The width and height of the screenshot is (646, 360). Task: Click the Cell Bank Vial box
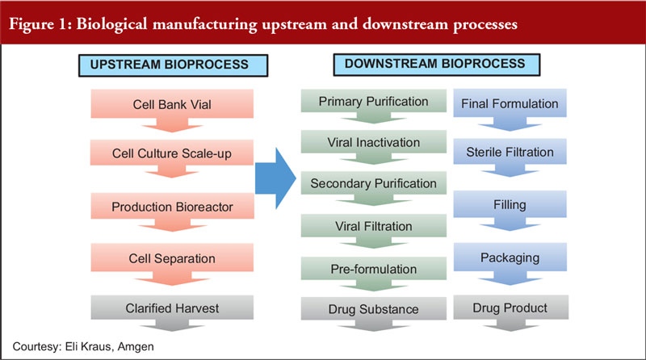pyautogui.click(x=172, y=104)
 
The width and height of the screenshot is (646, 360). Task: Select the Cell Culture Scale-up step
pyautogui.click(x=172, y=153)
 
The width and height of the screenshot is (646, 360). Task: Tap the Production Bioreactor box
pyautogui.click(x=172, y=207)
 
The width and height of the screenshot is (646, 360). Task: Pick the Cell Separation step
pyautogui.click(x=172, y=258)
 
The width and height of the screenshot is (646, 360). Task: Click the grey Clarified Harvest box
pyautogui.click(x=172, y=308)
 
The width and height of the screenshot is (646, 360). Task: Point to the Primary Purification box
pyautogui.click(x=374, y=102)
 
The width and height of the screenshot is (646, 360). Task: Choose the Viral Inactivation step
pyautogui.click(x=374, y=143)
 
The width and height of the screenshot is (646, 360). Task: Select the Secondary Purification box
pyautogui.click(x=374, y=183)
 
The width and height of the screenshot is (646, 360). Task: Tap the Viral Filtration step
pyautogui.click(x=374, y=226)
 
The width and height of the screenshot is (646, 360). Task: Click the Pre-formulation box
pyautogui.click(x=374, y=269)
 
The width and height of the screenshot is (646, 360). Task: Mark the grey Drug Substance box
pyautogui.click(x=374, y=309)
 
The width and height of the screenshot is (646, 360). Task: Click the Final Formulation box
pyautogui.click(x=510, y=104)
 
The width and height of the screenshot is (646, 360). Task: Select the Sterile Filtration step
pyautogui.click(x=510, y=152)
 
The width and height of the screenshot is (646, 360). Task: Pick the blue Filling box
pyautogui.click(x=510, y=205)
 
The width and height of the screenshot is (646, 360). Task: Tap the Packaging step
pyautogui.click(x=510, y=257)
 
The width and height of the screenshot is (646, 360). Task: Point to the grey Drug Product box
pyautogui.click(x=511, y=308)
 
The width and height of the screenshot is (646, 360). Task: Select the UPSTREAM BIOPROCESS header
pyautogui.click(x=173, y=65)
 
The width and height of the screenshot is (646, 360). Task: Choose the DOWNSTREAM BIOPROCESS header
pyautogui.click(x=437, y=65)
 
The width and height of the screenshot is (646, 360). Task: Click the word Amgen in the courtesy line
pyautogui.click(x=136, y=347)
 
